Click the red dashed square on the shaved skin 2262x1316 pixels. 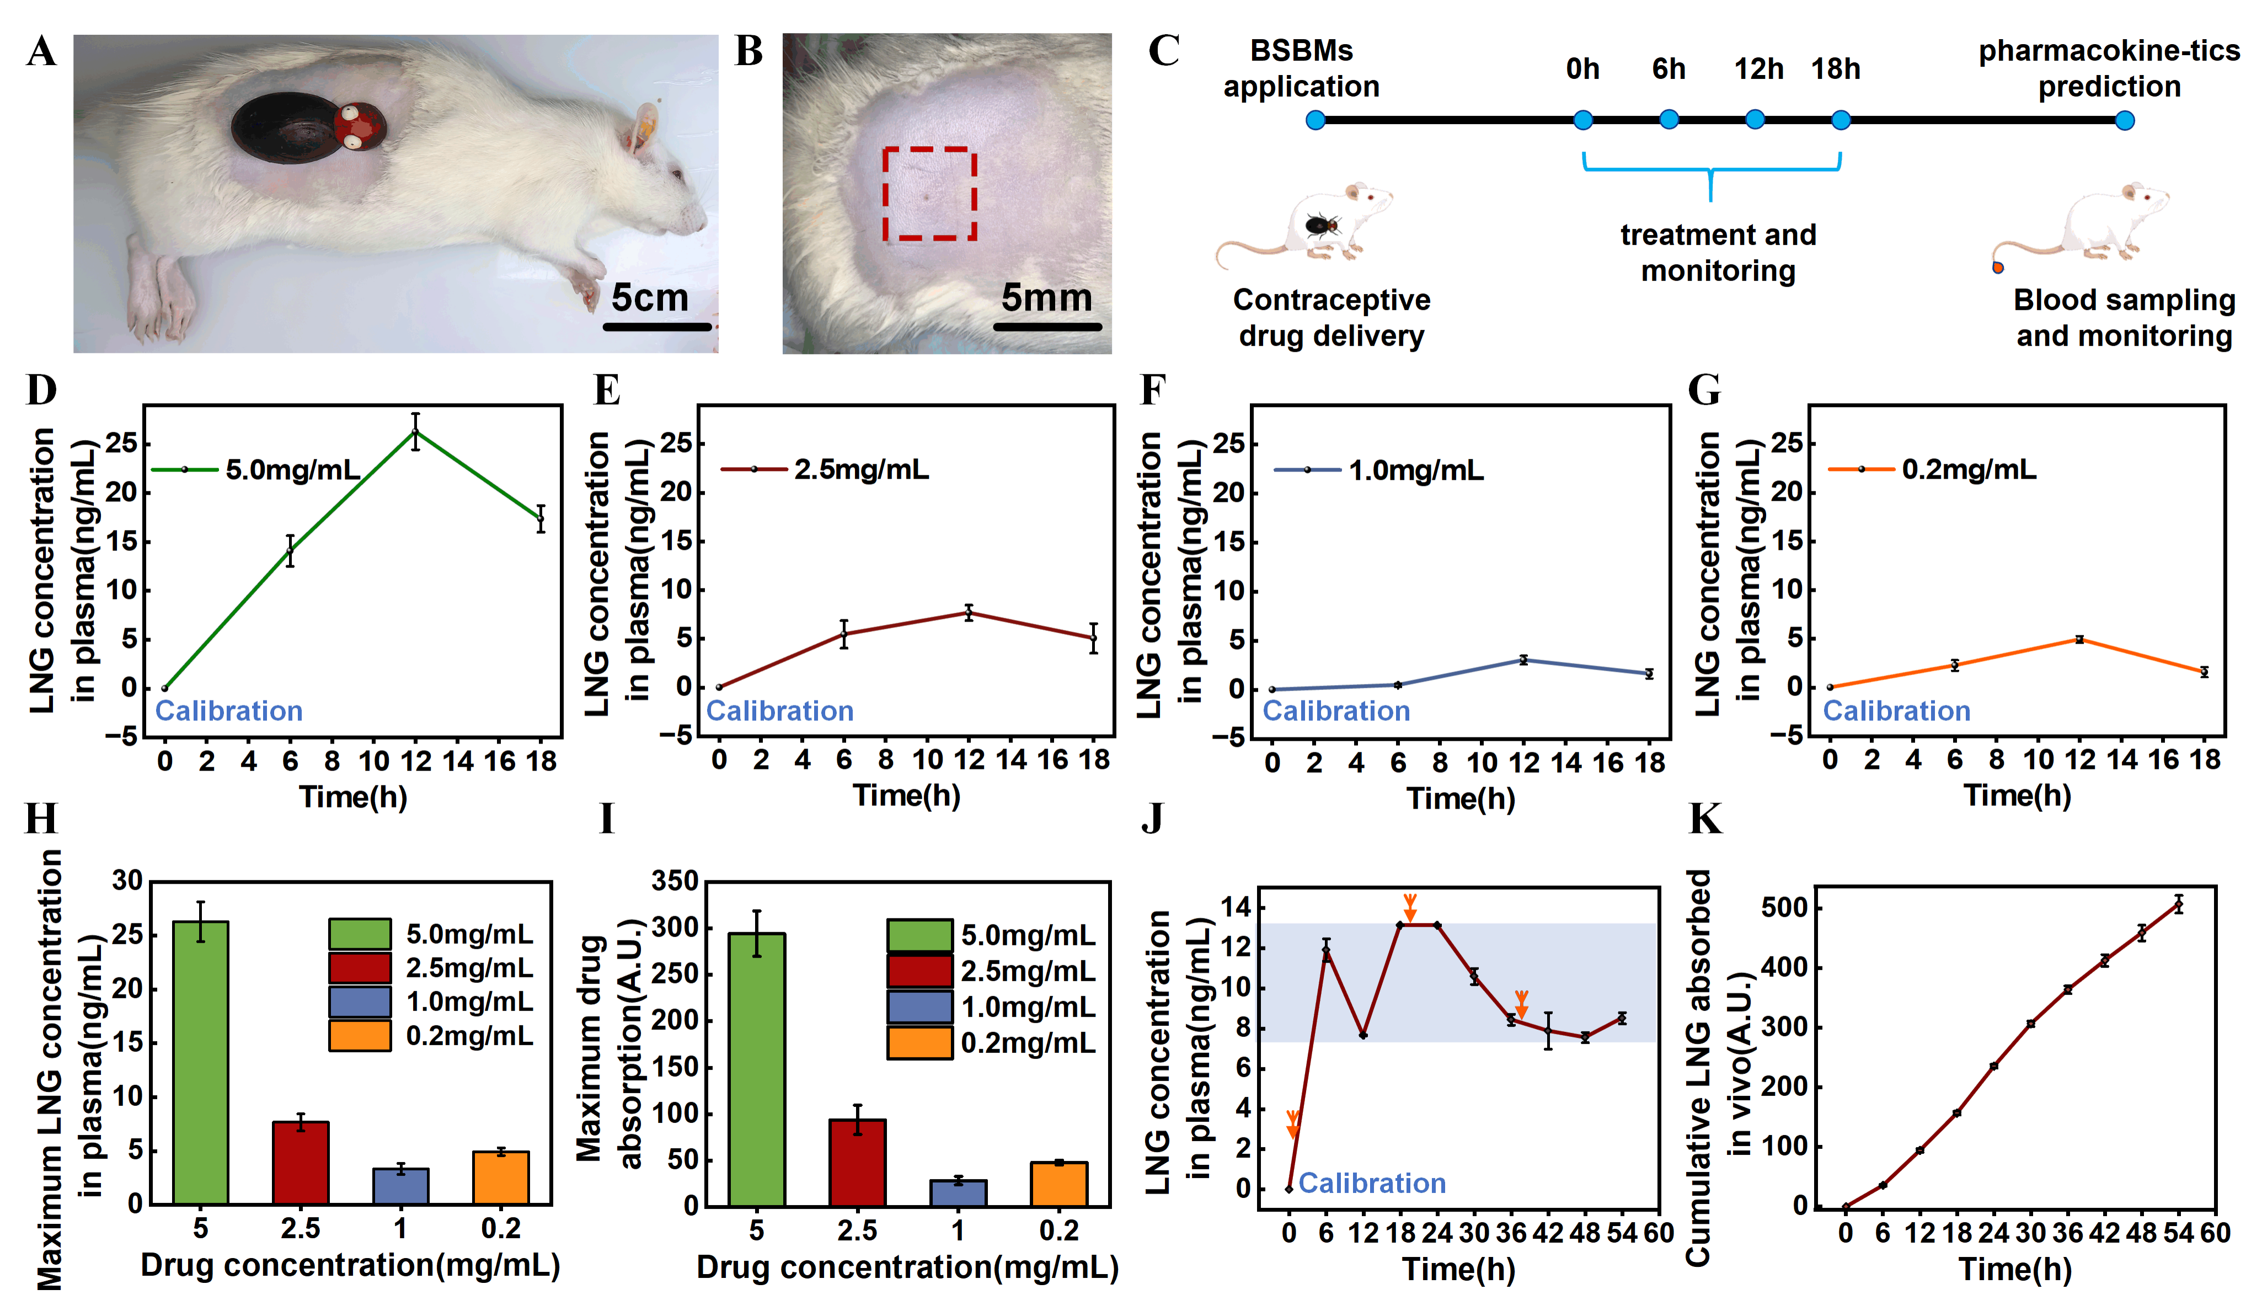(929, 194)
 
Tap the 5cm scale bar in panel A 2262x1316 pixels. (657, 327)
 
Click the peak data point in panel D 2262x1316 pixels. (415, 432)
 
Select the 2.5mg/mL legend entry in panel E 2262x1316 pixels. (826, 469)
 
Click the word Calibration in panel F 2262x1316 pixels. (1336, 711)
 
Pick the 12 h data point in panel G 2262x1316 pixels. (2079, 639)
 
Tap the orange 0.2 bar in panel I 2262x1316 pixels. (1058, 1184)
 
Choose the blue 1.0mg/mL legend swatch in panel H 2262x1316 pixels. (360, 1002)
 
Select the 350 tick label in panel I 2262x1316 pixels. (675, 881)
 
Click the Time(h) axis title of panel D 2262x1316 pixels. (353, 796)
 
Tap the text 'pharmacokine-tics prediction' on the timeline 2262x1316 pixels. (2109, 68)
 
